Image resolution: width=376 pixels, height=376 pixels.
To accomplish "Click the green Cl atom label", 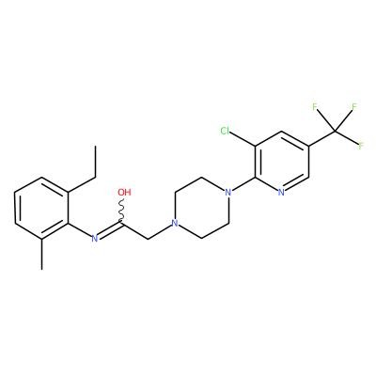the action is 225,131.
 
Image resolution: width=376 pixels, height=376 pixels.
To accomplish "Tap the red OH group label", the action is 124,192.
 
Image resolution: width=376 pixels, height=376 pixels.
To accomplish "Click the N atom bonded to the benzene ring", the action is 95,239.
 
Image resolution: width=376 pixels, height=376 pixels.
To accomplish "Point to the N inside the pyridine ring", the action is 281,193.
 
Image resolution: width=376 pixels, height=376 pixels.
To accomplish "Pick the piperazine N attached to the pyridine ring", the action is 228,192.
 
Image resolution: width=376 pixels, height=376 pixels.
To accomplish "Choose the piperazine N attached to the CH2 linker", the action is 175,224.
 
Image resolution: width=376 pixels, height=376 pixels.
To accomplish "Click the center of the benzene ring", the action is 41,209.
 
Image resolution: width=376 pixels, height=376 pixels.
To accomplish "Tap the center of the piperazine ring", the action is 201,208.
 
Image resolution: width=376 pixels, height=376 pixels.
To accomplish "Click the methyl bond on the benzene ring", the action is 41,254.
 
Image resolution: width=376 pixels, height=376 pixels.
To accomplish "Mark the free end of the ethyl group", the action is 95,146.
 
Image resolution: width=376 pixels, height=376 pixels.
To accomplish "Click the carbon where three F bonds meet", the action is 336,131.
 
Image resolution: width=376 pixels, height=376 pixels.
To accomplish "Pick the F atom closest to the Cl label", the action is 315,107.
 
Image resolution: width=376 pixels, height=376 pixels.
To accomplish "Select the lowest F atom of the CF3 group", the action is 361,146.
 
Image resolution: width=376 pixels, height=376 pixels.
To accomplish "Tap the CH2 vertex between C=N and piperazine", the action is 149,239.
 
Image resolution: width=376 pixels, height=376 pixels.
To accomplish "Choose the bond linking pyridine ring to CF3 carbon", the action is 322,138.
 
